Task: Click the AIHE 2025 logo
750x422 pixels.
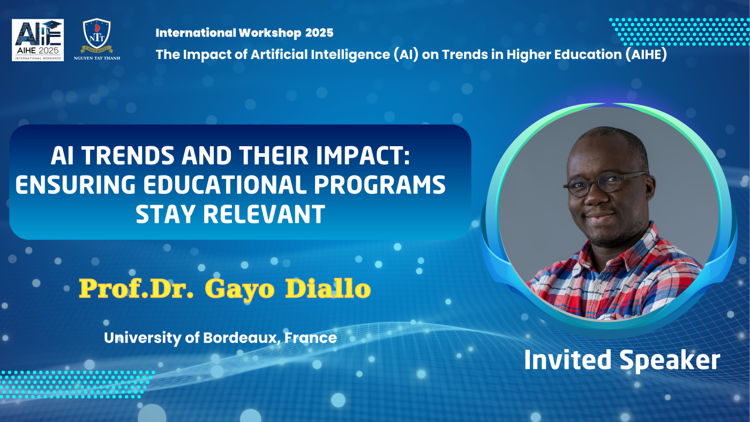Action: pos(38,40)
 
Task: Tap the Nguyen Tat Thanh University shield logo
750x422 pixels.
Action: pos(97,36)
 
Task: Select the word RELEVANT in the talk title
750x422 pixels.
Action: pos(264,214)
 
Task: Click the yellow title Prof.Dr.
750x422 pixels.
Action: pos(136,289)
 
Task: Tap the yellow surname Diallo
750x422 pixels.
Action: pos(328,289)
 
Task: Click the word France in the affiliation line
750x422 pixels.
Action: pos(310,338)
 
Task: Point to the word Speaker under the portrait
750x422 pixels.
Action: pos(670,360)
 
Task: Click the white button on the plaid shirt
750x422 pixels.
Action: pos(599,287)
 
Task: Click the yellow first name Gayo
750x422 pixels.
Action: pos(240,289)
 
